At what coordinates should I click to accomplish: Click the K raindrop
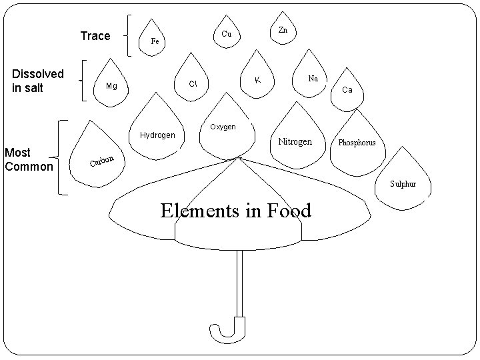(x=257, y=77)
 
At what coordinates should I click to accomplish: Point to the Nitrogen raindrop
(x=294, y=138)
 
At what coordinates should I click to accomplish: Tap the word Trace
(x=95, y=36)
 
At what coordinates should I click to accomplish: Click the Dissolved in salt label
(x=38, y=80)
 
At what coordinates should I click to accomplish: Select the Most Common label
(x=28, y=159)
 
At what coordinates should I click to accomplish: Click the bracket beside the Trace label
(x=129, y=37)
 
